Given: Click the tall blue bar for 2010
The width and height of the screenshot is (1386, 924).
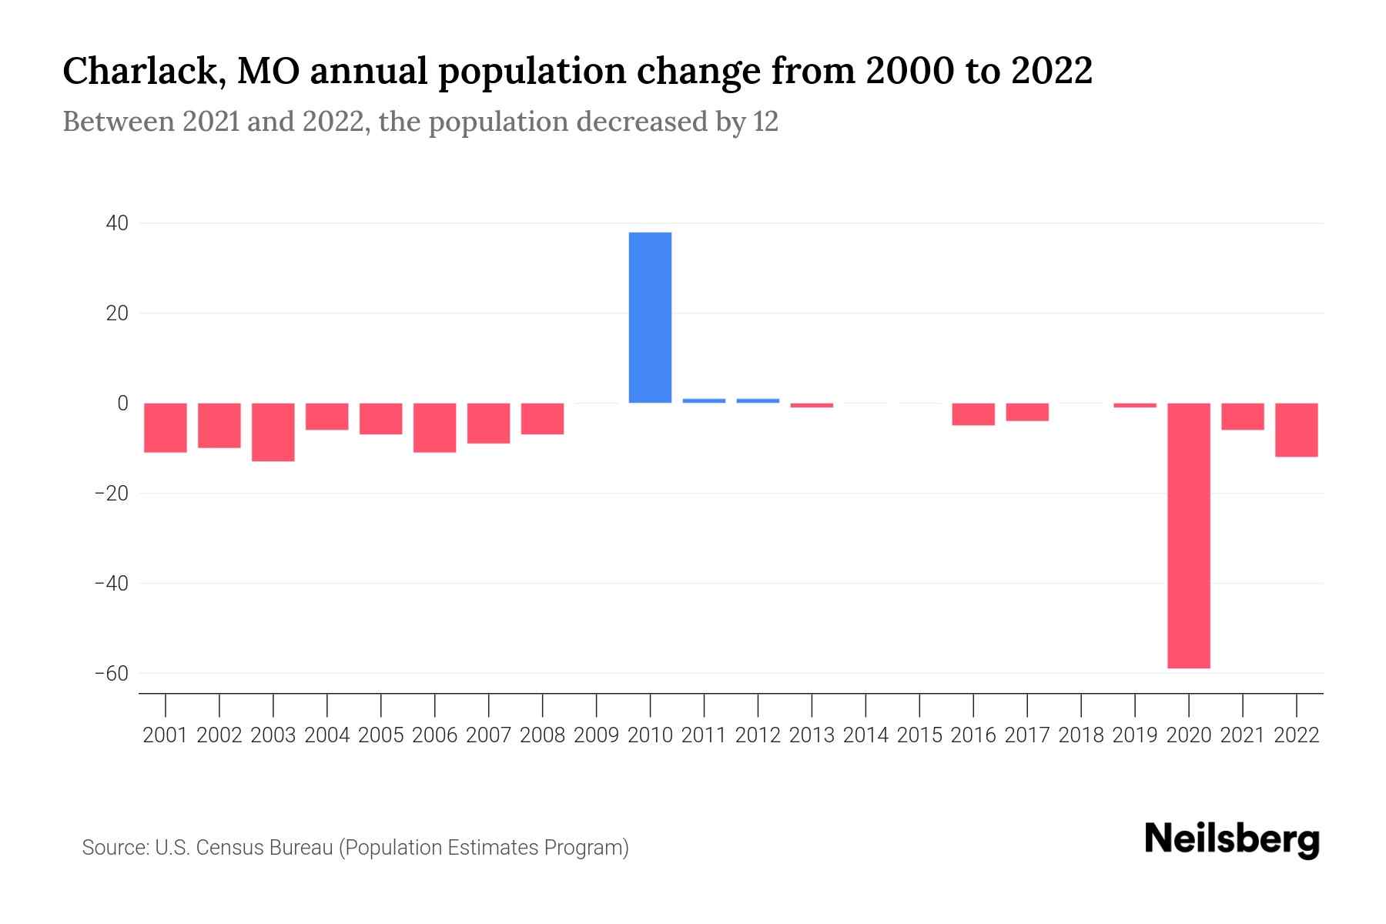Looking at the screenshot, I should [x=650, y=317].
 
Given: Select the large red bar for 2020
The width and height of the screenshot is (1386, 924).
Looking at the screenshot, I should [x=1188, y=535].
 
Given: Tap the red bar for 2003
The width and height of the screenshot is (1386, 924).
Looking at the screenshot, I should [x=273, y=432].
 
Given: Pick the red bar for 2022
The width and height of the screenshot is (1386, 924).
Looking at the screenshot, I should [x=1296, y=430].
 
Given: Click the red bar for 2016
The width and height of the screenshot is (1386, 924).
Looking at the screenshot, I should [x=973, y=414].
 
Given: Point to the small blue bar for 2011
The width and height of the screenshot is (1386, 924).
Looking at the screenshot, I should [x=704, y=400].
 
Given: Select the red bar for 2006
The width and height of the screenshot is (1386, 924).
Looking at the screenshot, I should [x=435, y=427].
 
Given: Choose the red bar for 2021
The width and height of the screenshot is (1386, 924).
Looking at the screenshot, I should [x=1242, y=417].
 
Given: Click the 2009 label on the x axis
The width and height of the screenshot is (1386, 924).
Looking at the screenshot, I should [x=597, y=735].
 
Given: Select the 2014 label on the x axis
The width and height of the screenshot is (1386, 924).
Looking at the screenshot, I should [x=865, y=735].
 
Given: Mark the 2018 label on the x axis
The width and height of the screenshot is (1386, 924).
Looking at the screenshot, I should [x=1081, y=735].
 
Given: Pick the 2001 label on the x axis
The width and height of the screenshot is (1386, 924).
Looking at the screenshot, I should [x=166, y=735].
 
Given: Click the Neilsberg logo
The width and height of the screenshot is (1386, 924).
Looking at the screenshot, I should [x=1232, y=839].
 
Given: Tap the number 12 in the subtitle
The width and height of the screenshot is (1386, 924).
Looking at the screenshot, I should [x=765, y=122].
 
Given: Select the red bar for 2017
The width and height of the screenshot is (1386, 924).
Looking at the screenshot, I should [x=1026, y=412].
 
